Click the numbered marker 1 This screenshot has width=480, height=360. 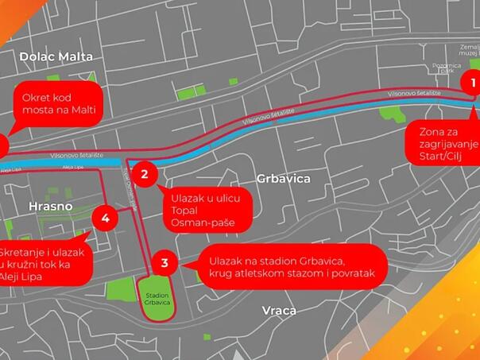coord(472,82)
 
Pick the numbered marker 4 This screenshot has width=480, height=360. coord(105,217)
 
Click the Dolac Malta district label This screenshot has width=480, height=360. coord(56,56)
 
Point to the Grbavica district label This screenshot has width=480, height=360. coord(283,179)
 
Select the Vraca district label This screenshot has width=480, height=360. coord(279,310)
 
